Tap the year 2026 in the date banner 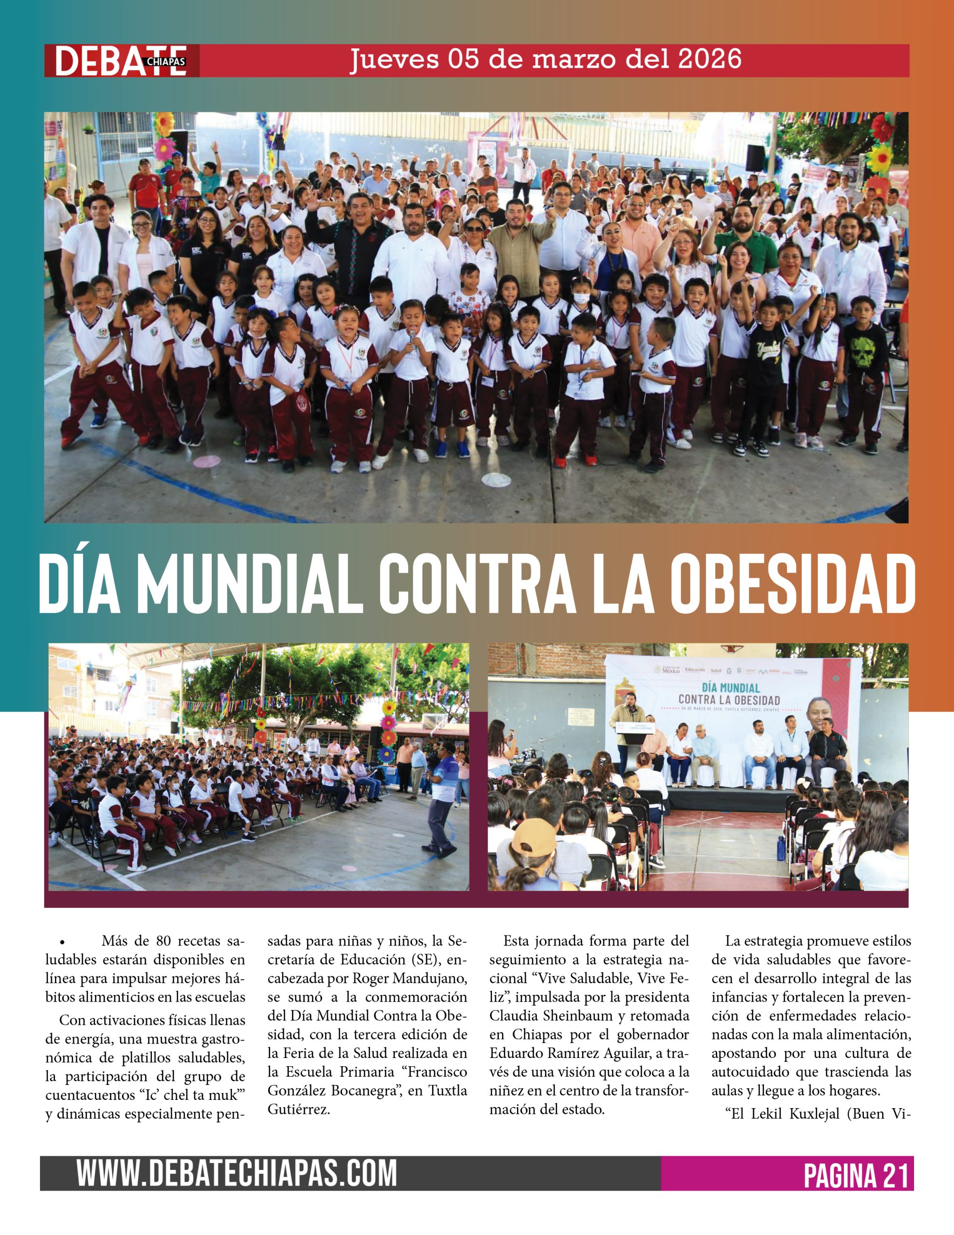pyautogui.click(x=709, y=59)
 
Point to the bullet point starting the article pyautogui.click(x=62, y=943)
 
